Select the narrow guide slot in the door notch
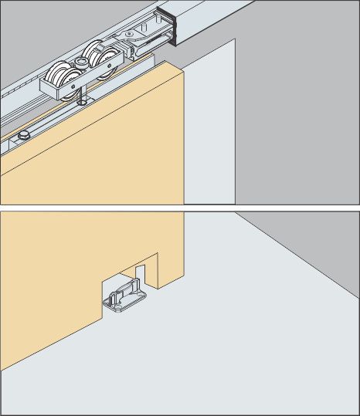click(141, 271)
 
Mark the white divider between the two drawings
click(180, 206)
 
